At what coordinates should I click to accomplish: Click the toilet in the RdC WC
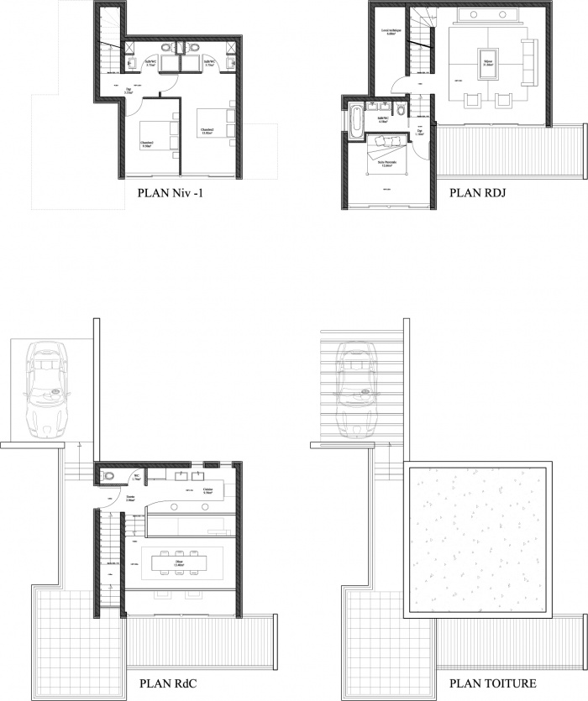point(107,477)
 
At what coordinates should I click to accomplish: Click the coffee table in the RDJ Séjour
point(486,60)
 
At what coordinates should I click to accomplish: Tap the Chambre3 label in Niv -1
point(207,130)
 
